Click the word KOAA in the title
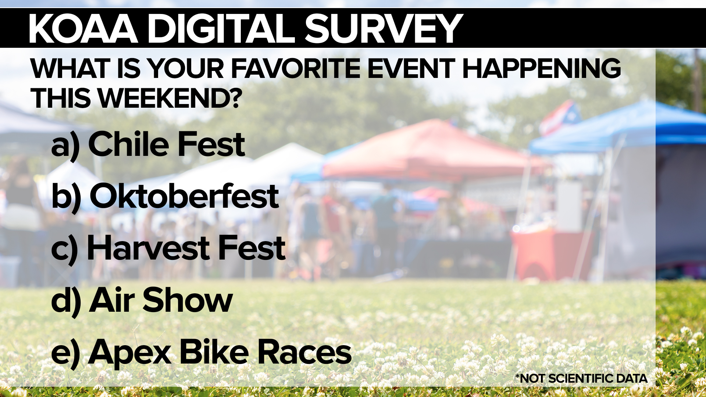[83, 29]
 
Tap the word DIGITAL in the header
[221, 29]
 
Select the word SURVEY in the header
[384, 29]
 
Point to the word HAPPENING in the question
[541, 68]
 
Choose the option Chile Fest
[167, 144]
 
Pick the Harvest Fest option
[186, 248]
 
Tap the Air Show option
[161, 300]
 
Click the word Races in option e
[304, 352]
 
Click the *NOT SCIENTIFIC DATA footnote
[581, 378]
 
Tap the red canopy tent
[434, 151]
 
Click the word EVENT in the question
[411, 68]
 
